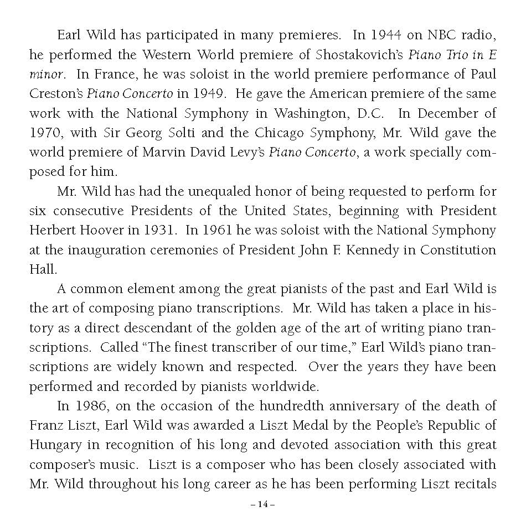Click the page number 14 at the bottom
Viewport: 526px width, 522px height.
[x=262, y=505]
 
